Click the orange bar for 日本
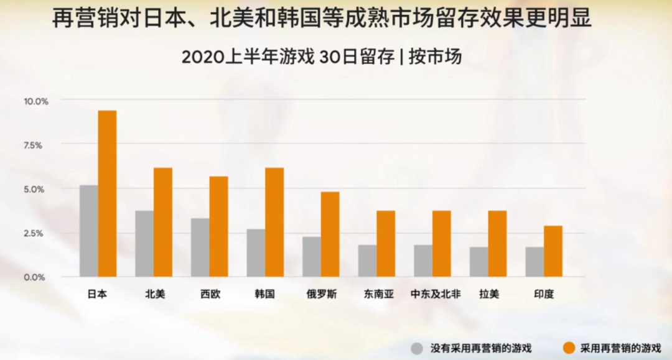pos(107,193)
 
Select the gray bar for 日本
pos(89,231)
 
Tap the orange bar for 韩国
pos(274,222)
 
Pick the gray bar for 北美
pos(144,244)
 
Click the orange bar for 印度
pos(553,251)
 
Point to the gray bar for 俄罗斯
pos(312,257)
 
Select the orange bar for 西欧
pos(218,226)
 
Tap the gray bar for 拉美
pos(478,262)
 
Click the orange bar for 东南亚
pos(386,244)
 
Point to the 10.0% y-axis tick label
pos(36,101)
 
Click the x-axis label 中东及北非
pos(436,294)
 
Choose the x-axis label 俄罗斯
pos(321,294)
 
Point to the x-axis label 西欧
pos(210,294)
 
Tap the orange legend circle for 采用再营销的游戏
pos(568,348)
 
